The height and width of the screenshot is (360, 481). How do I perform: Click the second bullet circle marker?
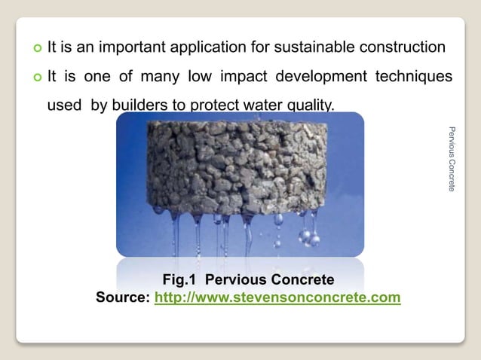coord(35,78)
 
